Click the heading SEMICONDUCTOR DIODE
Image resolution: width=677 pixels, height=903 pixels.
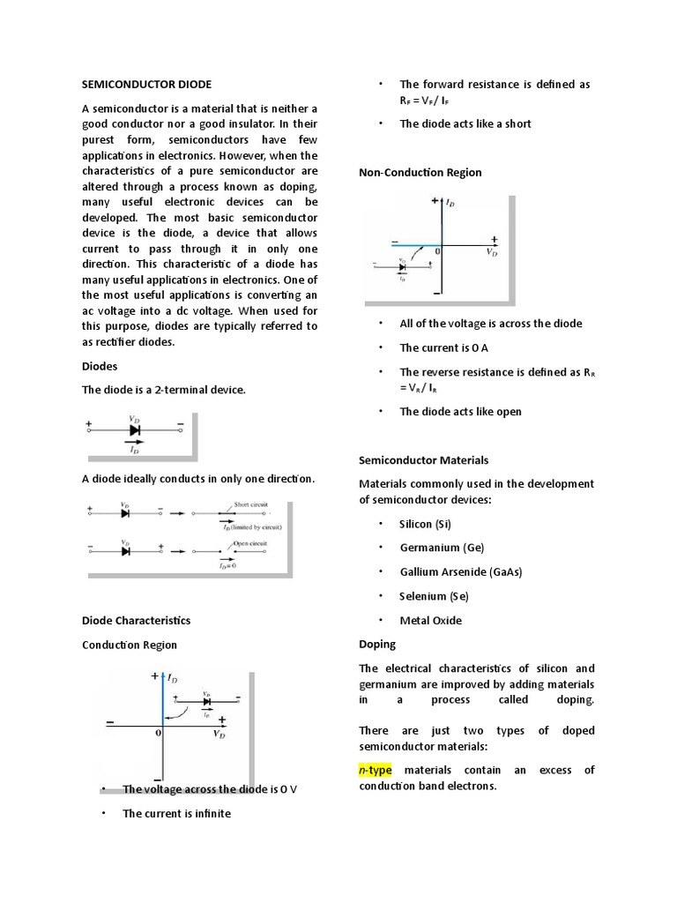(146, 85)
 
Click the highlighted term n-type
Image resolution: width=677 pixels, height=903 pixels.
(375, 770)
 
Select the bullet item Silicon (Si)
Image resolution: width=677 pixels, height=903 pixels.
(425, 524)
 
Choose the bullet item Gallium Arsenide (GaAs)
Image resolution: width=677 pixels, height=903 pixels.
(461, 571)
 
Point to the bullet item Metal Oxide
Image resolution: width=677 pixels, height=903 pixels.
(430, 620)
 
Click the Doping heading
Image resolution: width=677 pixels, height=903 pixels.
(377, 645)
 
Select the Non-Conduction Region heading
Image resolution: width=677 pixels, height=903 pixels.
(420, 172)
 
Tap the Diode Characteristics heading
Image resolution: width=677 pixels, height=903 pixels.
(136, 620)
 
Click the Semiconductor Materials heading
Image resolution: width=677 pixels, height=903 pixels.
(423, 460)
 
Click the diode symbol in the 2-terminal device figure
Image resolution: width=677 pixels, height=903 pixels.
(135, 430)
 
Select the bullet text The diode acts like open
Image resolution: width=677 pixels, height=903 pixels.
(460, 411)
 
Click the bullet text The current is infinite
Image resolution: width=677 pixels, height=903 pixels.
(176, 813)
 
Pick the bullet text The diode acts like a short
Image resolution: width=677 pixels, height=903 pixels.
(465, 123)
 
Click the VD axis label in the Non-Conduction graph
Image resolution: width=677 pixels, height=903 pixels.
(492, 252)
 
